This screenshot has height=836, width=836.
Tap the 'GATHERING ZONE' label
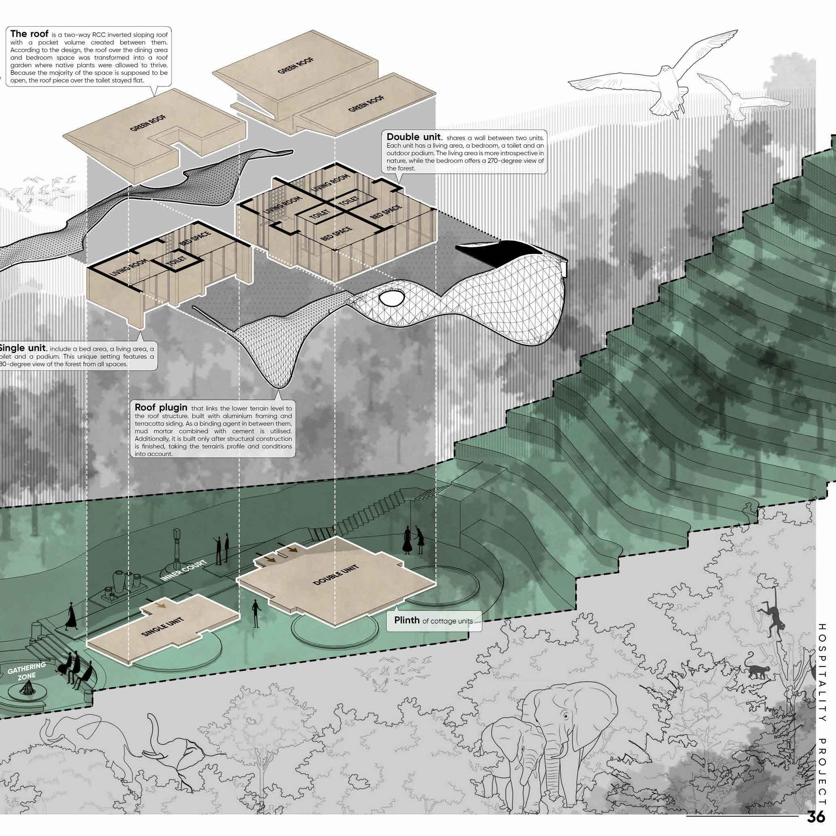[x=26, y=671]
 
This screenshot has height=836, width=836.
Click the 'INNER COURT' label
[x=183, y=571]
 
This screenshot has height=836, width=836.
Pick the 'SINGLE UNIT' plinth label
[x=163, y=626]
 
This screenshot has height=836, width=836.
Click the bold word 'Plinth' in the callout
[x=407, y=620]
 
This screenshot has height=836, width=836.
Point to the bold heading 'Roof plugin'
[x=161, y=407]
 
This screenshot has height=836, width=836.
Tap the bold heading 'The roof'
[x=30, y=34]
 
